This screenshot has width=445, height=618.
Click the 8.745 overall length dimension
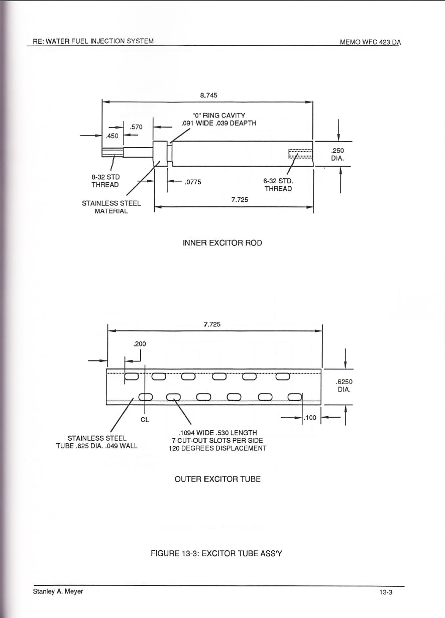pos(209,95)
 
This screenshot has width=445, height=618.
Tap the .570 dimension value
pos(137,127)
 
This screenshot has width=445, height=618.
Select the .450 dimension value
pos(112,136)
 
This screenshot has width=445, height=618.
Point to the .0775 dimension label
pos(193,182)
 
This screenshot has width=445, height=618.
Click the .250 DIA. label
pos(338,155)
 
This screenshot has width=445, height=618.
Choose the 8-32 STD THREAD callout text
pos(105,181)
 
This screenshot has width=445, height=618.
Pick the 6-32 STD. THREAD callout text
pos(278,185)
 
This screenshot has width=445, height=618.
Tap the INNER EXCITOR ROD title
pos(222,243)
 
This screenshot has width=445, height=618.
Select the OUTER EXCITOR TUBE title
pos(217,479)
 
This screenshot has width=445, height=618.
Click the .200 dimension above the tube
pos(140,344)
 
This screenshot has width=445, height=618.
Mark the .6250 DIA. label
pos(344,386)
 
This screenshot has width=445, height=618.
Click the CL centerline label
pos(145,420)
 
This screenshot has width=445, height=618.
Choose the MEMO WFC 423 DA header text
pos(371,42)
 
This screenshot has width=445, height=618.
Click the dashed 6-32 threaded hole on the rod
pos(300,154)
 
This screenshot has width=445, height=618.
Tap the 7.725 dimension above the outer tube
pos(212,324)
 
